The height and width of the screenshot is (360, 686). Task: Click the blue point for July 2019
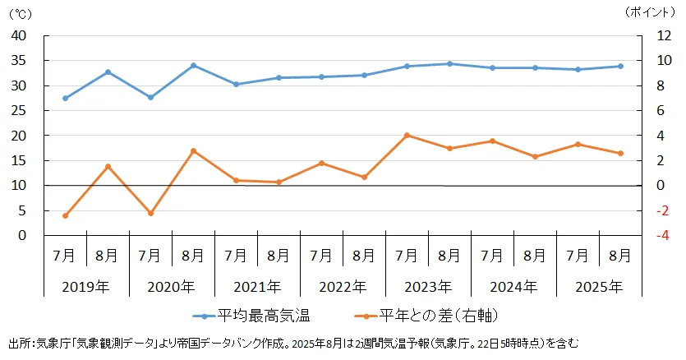pos(65,98)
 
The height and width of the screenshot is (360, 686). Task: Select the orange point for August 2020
pos(193,150)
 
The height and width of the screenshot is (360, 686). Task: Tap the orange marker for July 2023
pos(407,136)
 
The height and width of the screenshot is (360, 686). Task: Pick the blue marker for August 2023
pos(449,63)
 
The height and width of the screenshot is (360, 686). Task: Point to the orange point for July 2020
pos(150,213)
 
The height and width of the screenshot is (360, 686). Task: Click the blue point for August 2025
pos(620,67)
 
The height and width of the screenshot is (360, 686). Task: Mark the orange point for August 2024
pos(535,156)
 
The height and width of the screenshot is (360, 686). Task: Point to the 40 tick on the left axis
pos(19,36)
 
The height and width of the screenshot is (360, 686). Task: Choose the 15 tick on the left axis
pos(19,161)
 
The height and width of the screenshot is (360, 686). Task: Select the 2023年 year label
pos(428,287)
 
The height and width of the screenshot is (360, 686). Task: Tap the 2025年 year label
pos(599,287)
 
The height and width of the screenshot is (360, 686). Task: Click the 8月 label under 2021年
pos(279,256)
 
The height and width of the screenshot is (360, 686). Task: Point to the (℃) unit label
pos(20,13)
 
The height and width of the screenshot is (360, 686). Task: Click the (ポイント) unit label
pos(653,12)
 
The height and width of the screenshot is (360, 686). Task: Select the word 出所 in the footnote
pos(19,343)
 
